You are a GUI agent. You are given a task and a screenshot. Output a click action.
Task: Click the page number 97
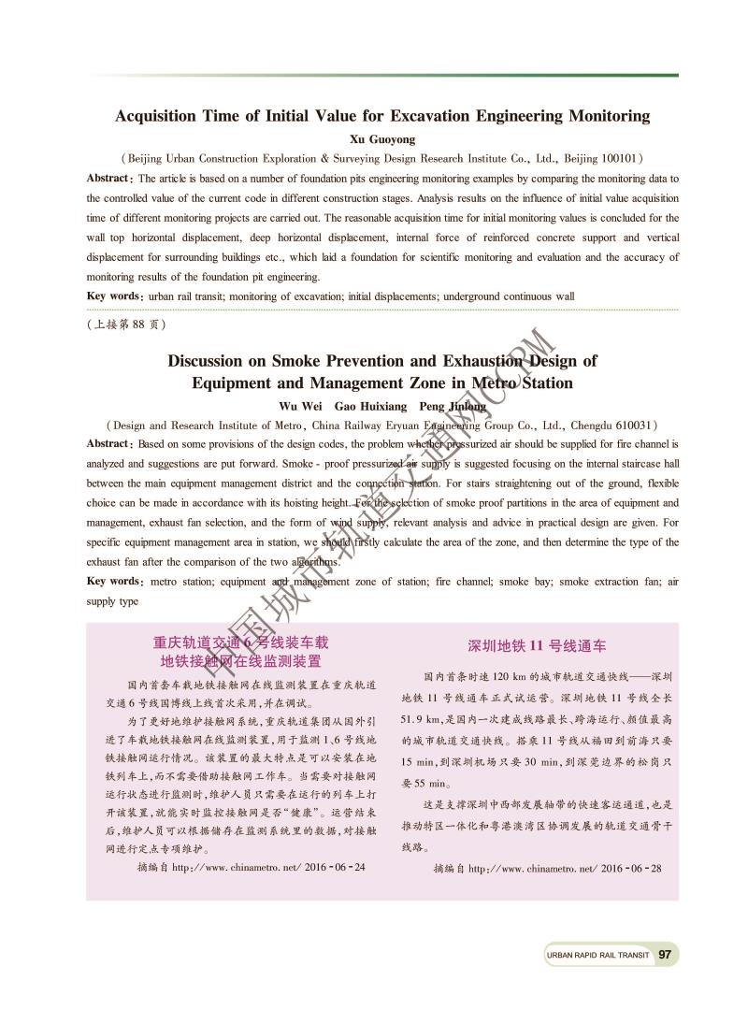[666, 955]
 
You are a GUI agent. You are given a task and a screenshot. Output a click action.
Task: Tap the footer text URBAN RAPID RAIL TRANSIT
[597, 956]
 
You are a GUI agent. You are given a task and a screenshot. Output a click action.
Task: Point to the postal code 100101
[613, 159]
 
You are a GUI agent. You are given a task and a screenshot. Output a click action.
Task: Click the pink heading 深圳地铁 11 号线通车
[537, 646]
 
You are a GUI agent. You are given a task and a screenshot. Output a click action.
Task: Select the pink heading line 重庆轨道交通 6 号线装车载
[241, 642]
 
